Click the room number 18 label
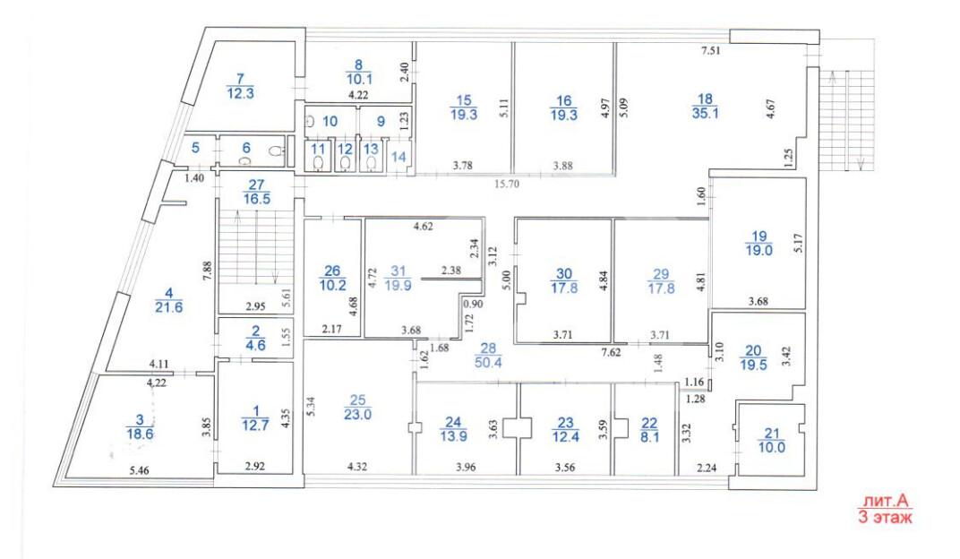tap(705, 99)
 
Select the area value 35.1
tap(705, 113)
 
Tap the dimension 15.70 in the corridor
tap(506, 183)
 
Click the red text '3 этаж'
tap(886, 517)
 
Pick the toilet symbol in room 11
tap(319, 163)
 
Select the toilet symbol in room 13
tap(371, 163)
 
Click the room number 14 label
tap(399, 157)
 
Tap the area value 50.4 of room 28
tap(488, 362)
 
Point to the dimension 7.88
tap(207, 271)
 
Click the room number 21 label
tap(771, 434)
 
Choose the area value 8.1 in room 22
tap(649, 437)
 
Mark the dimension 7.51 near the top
tap(711, 51)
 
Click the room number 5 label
tap(195, 148)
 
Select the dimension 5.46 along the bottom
tap(139, 470)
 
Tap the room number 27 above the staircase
tap(256, 185)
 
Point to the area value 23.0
tap(357, 415)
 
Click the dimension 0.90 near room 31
tap(473, 305)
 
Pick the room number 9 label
tap(381, 121)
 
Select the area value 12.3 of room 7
tap(240, 94)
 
